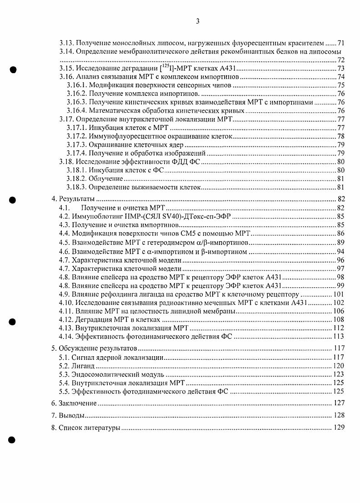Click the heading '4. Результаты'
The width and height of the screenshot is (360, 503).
coord(73,199)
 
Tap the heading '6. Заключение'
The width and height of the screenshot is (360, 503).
coord(74,403)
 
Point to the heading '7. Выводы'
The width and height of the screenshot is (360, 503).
coord(68,415)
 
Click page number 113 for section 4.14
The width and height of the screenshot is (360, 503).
coord(338,337)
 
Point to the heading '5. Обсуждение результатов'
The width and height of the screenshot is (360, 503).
coord(94,349)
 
